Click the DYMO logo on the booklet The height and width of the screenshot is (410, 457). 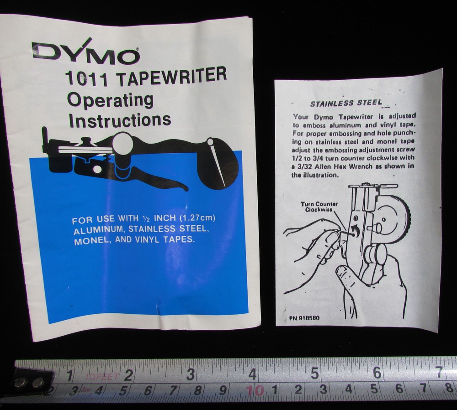tap(85, 52)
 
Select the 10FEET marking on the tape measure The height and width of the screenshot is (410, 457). tap(101, 377)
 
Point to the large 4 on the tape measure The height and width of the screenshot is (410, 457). tap(252, 373)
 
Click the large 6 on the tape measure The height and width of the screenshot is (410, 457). tap(377, 373)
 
